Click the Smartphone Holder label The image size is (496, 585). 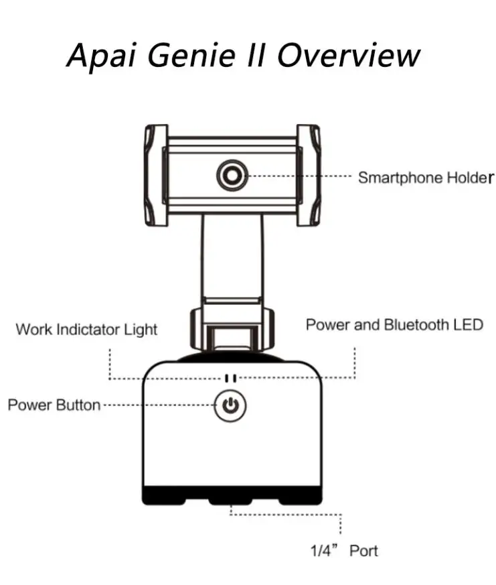(426, 178)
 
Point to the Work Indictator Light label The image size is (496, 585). (86, 330)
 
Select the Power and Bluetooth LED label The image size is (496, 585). (394, 325)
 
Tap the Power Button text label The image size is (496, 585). (54, 405)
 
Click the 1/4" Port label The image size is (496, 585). (344, 551)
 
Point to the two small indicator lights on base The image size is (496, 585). (230, 378)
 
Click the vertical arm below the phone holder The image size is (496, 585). (232, 258)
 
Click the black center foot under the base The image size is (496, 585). (231, 500)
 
